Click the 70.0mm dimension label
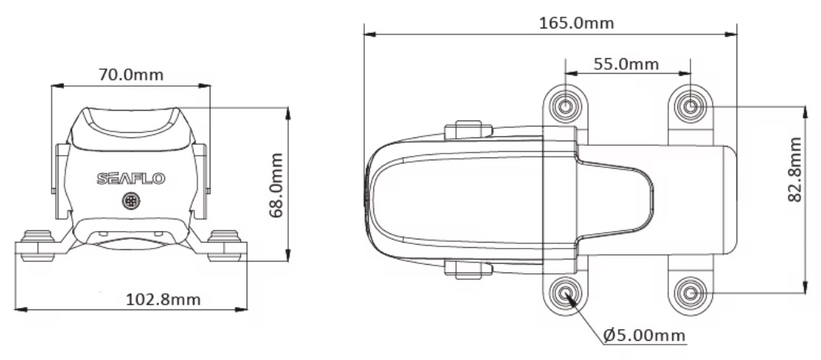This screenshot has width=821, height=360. (131, 75)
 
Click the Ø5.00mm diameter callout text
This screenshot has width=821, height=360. (644, 335)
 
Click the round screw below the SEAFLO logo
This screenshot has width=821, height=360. (131, 202)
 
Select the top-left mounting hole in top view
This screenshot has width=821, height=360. (565, 105)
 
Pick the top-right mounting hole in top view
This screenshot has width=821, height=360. (690, 105)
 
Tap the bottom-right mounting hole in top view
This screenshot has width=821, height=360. (690, 293)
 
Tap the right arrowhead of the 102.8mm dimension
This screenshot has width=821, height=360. (244, 309)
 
